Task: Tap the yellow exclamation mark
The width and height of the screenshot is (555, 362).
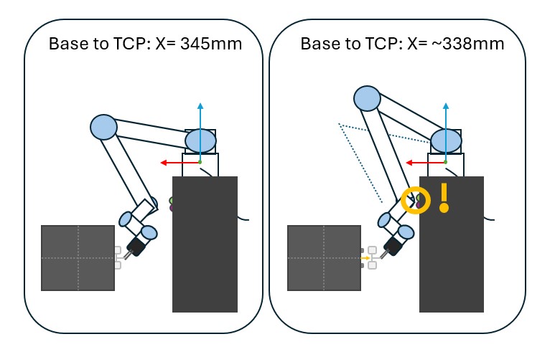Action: [444, 198]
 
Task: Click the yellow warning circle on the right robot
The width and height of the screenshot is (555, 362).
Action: [416, 200]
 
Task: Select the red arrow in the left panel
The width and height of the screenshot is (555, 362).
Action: [179, 163]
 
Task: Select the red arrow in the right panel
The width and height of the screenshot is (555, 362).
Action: [424, 163]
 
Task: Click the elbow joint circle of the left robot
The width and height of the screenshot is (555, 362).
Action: [103, 127]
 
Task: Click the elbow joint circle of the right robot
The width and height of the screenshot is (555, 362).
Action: [367, 98]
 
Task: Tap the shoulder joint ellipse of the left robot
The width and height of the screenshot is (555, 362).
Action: [201, 140]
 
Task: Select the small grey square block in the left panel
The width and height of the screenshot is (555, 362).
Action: [78, 258]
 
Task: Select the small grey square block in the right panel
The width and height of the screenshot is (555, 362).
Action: [324, 258]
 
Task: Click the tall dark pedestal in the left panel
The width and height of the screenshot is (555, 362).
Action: [205, 244]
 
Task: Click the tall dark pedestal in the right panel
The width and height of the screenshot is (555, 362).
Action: [452, 244]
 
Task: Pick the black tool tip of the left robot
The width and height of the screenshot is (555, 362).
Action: [135, 248]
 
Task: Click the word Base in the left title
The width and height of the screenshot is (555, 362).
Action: [65, 44]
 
